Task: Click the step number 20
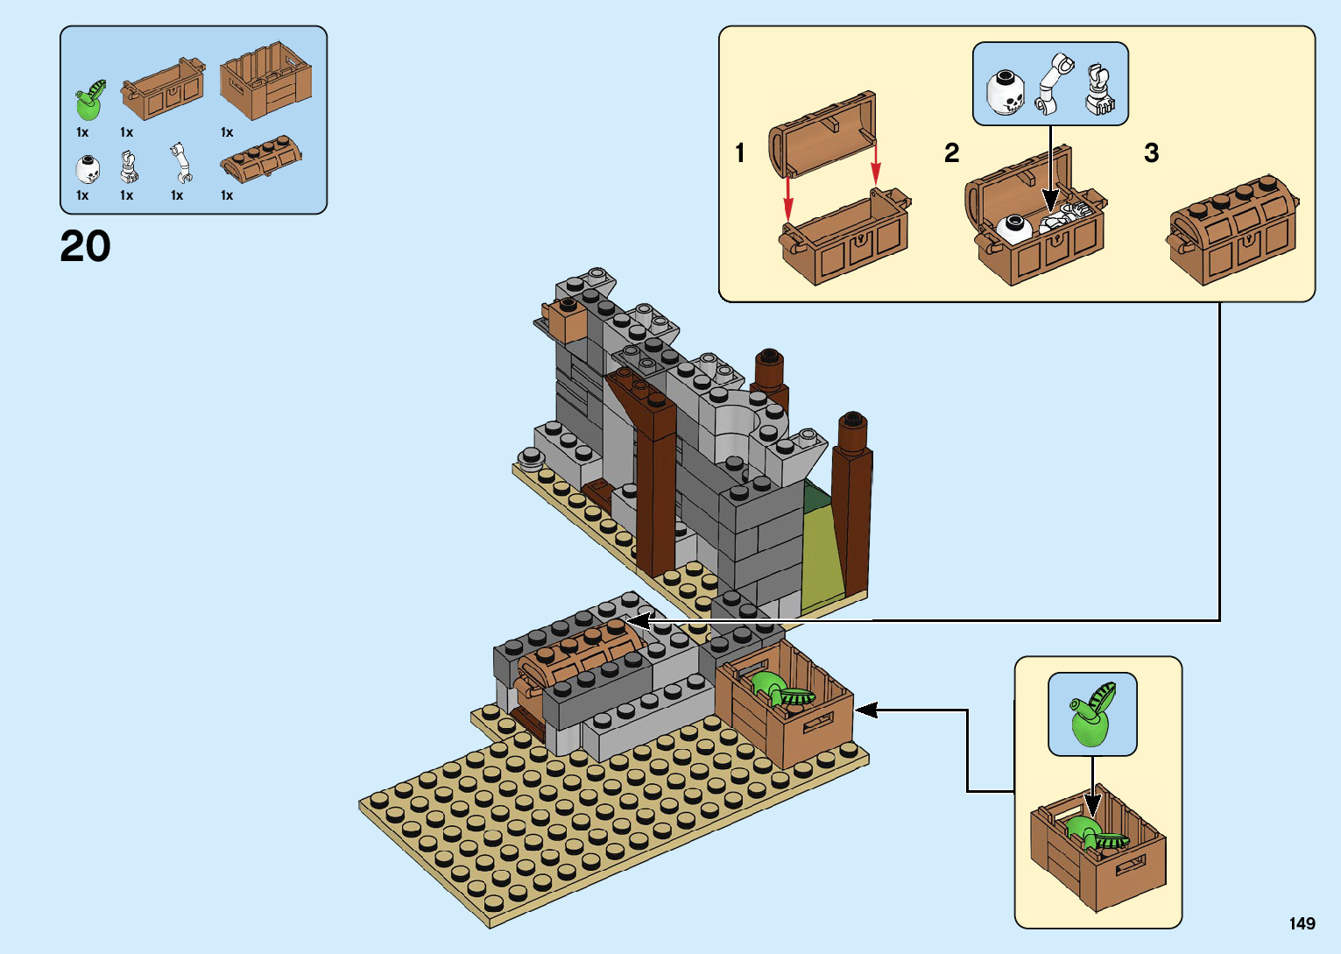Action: [x=85, y=246]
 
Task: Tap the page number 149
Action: [x=1302, y=923]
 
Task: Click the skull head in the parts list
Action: [x=87, y=168]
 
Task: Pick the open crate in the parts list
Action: [x=265, y=81]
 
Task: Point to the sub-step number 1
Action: [x=740, y=153]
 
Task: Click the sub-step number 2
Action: [x=951, y=153]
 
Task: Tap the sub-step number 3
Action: [x=1151, y=153]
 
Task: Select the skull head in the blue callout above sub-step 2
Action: [x=1006, y=92]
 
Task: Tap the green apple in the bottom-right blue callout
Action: [x=1090, y=717]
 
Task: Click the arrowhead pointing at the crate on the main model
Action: [x=865, y=710]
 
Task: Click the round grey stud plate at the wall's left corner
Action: [x=531, y=456]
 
